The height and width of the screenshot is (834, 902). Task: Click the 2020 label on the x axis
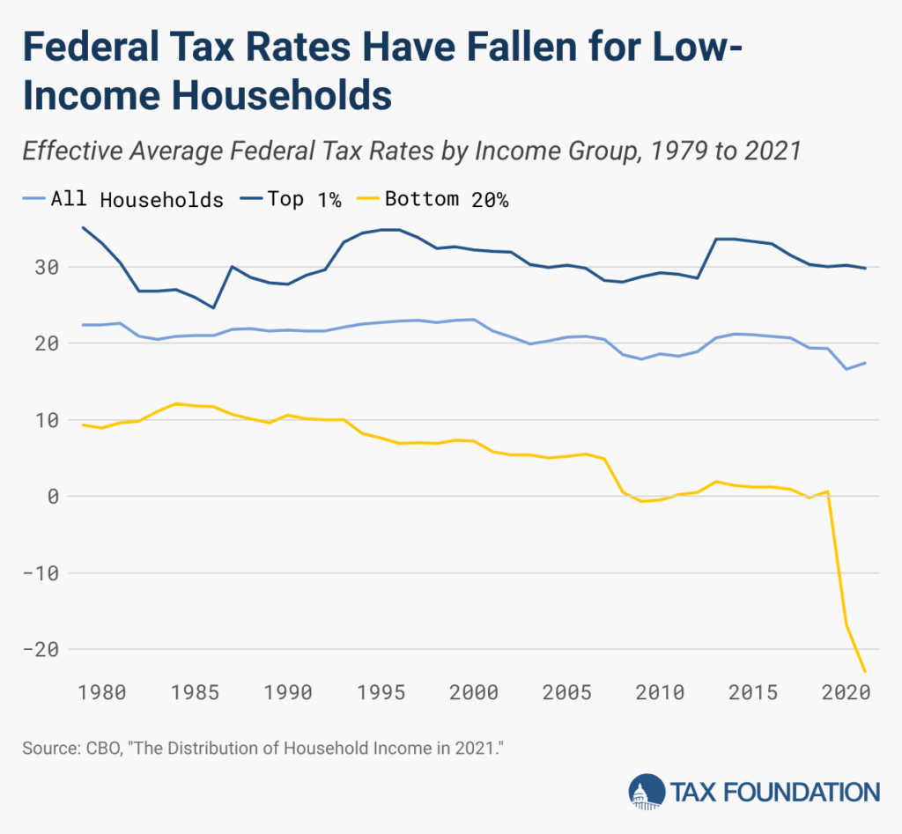847,692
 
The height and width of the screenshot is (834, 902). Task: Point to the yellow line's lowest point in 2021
865,671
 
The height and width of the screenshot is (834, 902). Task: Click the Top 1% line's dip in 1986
213,307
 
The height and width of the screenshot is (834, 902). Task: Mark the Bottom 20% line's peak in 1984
176,403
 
